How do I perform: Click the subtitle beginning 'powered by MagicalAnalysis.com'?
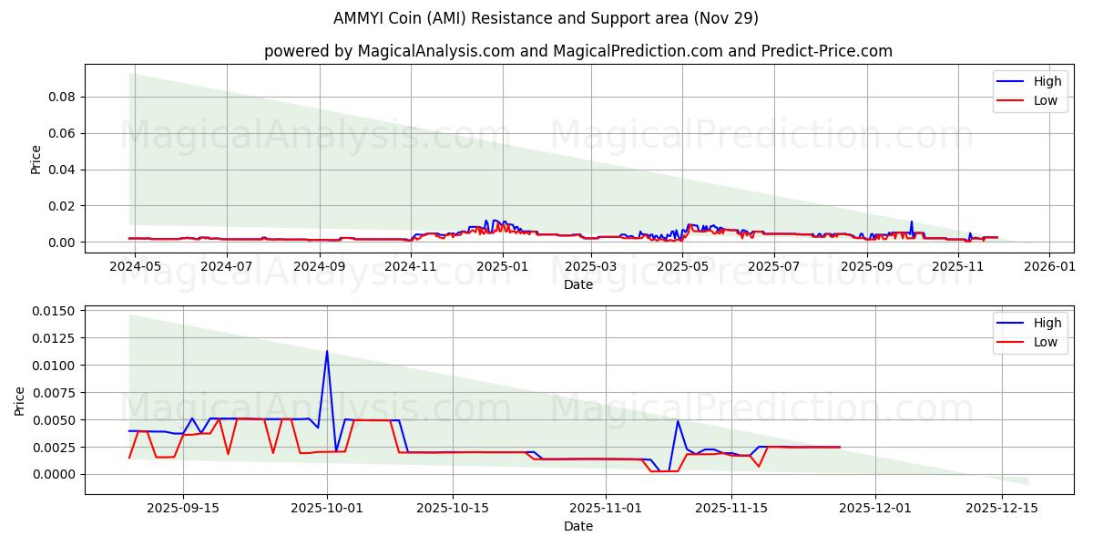point(578,51)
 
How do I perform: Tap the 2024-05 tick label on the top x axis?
point(136,266)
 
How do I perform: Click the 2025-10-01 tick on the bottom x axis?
point(327,508)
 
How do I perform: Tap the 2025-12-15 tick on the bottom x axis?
point(1001,508)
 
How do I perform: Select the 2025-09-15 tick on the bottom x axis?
point(183,508)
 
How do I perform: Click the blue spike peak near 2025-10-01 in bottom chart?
point(327,351)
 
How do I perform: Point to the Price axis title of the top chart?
point(36,159)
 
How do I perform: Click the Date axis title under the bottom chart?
point(578,526)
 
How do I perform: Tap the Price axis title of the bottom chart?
point(20,400)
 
